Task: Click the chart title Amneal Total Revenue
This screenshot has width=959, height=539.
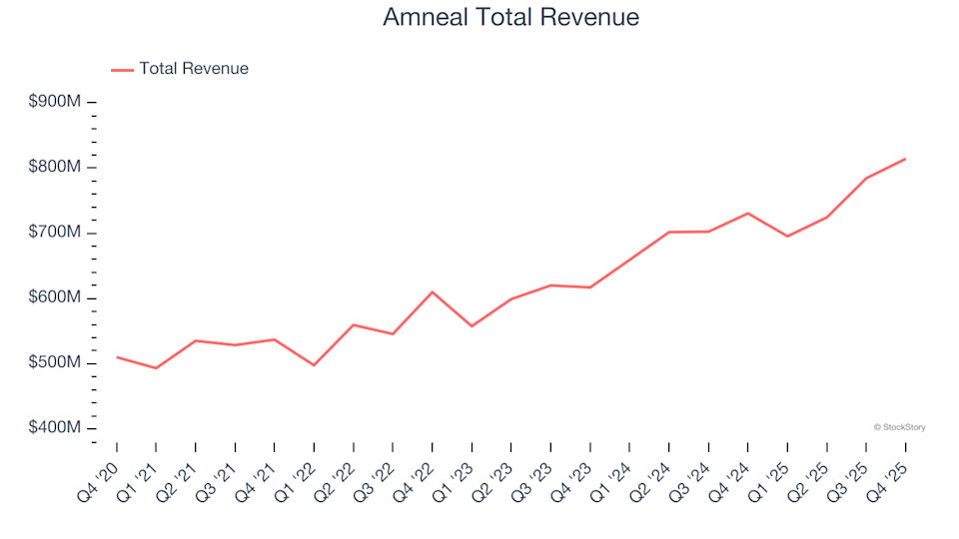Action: coord(510,17)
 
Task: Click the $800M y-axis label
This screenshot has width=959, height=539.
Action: coord(54,167)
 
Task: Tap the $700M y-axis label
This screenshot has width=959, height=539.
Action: coord(54,233)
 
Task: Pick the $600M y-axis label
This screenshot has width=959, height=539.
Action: coord(54,297)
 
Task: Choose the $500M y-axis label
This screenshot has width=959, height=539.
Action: coord(54,363)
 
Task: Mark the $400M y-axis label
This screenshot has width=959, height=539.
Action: coord(54,428)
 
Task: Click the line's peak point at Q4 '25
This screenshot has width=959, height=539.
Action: coord(905,159)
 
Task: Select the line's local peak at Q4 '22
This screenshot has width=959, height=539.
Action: coord(432,291)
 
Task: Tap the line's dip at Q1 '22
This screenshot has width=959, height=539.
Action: coord(314,365)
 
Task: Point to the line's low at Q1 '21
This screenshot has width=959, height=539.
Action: coord(156,368)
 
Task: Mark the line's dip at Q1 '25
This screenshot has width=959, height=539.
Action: coord(787,237)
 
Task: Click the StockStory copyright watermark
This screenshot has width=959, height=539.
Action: coord(899,427)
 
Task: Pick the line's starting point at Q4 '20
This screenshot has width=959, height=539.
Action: coord(117,357)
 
